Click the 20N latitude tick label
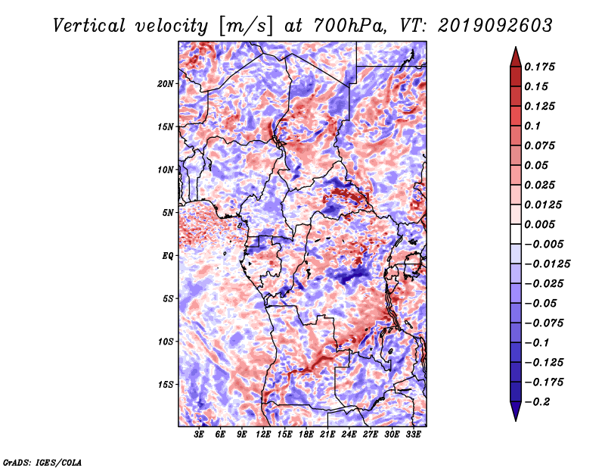coord(166,84)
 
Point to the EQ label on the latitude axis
coord(167,256)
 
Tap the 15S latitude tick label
coord(166,385)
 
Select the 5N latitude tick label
coord(168,213)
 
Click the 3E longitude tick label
coord(199,435)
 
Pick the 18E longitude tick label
coord(306,435)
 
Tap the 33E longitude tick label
coord(413,435)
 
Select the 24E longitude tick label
coord(349,435)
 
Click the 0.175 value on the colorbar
coord(539,67)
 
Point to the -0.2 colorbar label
coord(537,402)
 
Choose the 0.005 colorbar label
coord(539,224)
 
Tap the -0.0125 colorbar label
coord(547,264)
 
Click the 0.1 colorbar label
coord(532,126)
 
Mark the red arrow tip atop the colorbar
coord(516,48)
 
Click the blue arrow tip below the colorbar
coord(516,420)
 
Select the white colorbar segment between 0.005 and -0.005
coord(516,234)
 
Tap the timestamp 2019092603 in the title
coord(495,26)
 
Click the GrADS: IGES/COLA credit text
coord(42,463)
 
